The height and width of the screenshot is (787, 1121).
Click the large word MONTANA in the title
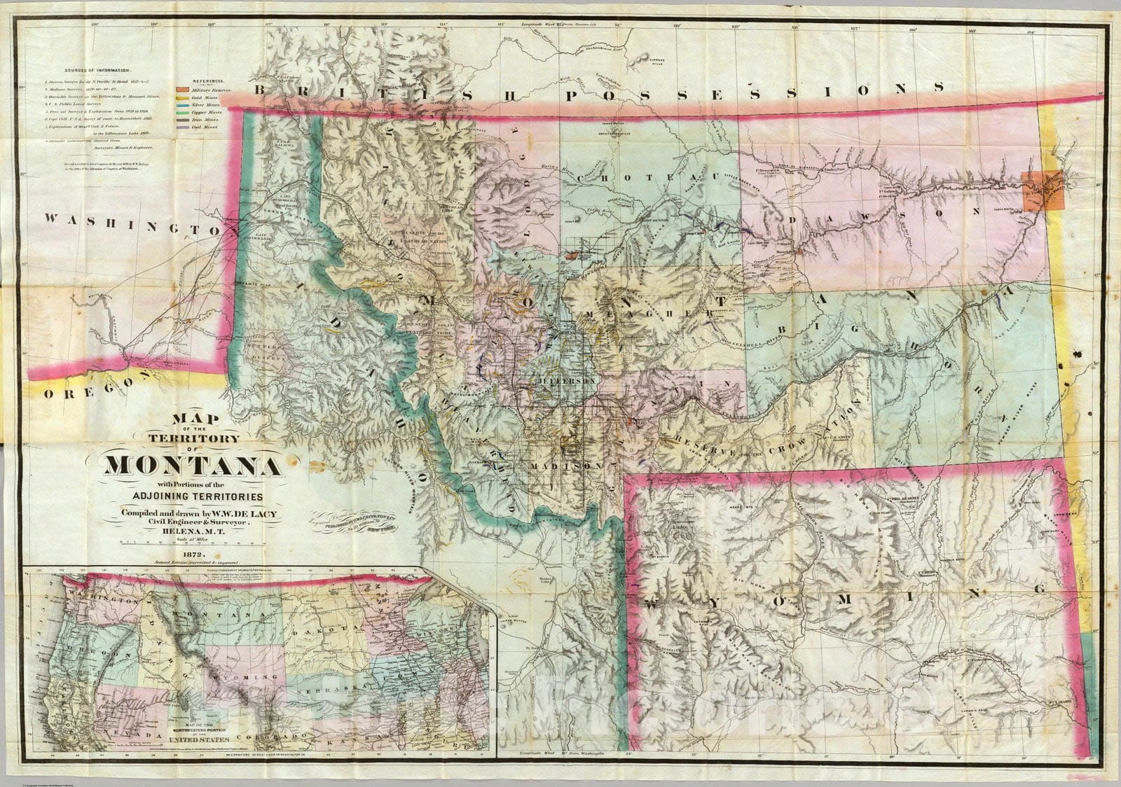(x=194, y=465)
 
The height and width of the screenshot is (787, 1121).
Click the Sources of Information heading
(x=97, y=71)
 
